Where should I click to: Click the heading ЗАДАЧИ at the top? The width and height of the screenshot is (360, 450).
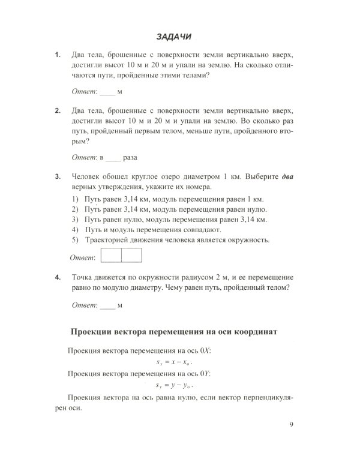point(173,37)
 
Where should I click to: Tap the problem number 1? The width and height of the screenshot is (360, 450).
point(58,55)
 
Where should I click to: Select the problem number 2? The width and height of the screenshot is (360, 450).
point(58,110)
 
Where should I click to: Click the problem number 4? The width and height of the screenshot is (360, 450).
point(58,278)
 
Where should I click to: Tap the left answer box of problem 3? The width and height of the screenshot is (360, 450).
point(111,255)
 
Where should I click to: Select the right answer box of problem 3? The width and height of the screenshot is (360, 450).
point(131,255)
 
